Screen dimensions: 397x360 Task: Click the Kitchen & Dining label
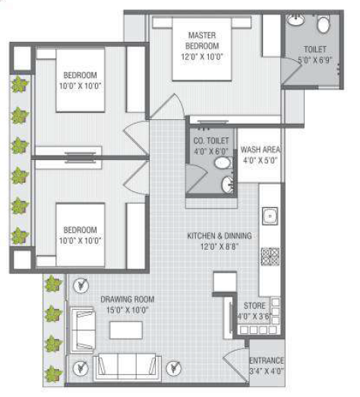pyautogui.click(x=219, y=241)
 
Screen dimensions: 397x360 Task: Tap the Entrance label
pyautogui.click(x=267, y=365)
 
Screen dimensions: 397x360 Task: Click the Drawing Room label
pyautogui.click(x=125, y=304)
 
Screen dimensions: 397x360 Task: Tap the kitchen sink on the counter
pyautogui.click(x=269, y=216)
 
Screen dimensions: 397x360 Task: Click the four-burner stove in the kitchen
pyautogui.click(x=270, y=256)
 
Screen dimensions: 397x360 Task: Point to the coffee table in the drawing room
pyautogui.click(x=126, y=330)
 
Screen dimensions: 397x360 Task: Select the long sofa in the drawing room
pyautogui.click(x=125, y=368)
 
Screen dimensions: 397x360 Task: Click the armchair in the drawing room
pyautogui.click(x=82, y=327)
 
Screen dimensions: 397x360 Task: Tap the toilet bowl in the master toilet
pyautogui.click(x=323, y=25)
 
